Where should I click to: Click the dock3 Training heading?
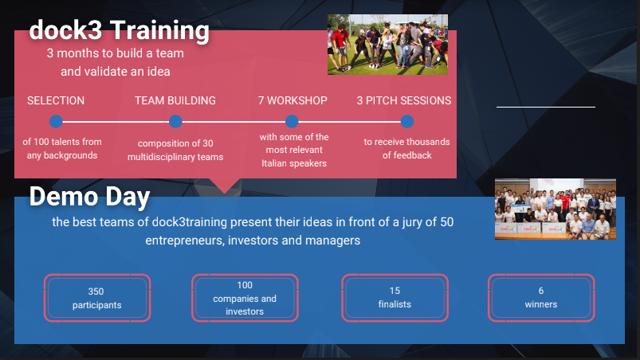click(120, 30)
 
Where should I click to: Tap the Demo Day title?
click(90, 197)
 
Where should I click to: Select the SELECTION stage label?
click(56, 100)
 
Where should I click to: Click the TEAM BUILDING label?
click(175, 100)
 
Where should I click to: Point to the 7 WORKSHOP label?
click(293, 100)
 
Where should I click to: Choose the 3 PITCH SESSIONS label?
click(404, 100)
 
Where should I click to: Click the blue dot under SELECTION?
click(56, 122)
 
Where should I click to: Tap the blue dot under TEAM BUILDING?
click(175, 122)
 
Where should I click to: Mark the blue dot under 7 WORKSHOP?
click(292, 122)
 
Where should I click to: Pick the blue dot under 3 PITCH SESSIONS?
click(407, 122)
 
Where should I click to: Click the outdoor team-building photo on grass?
click(388, 45)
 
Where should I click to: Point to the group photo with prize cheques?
click(556, 209)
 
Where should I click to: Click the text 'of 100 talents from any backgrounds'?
click(62, 148)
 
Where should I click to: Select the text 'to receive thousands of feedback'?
click(407, 148)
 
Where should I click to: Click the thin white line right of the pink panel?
click(546, 108)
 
